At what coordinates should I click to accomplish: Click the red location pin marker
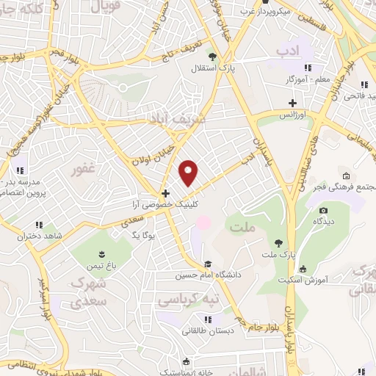pyautogui.click(x=189, y=173)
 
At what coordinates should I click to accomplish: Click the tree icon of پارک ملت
pyautogui.click(x=278, y=242)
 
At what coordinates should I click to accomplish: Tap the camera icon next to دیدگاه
pyautogui.click(x=324, y=211)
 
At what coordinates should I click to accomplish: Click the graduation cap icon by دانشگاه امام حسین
pyautogui.click(x=209, y=264)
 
